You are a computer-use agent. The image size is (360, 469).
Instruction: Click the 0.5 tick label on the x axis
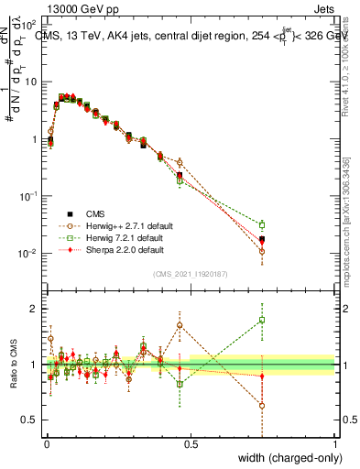[191, 443]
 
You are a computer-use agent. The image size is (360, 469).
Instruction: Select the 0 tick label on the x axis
[46, 443]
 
